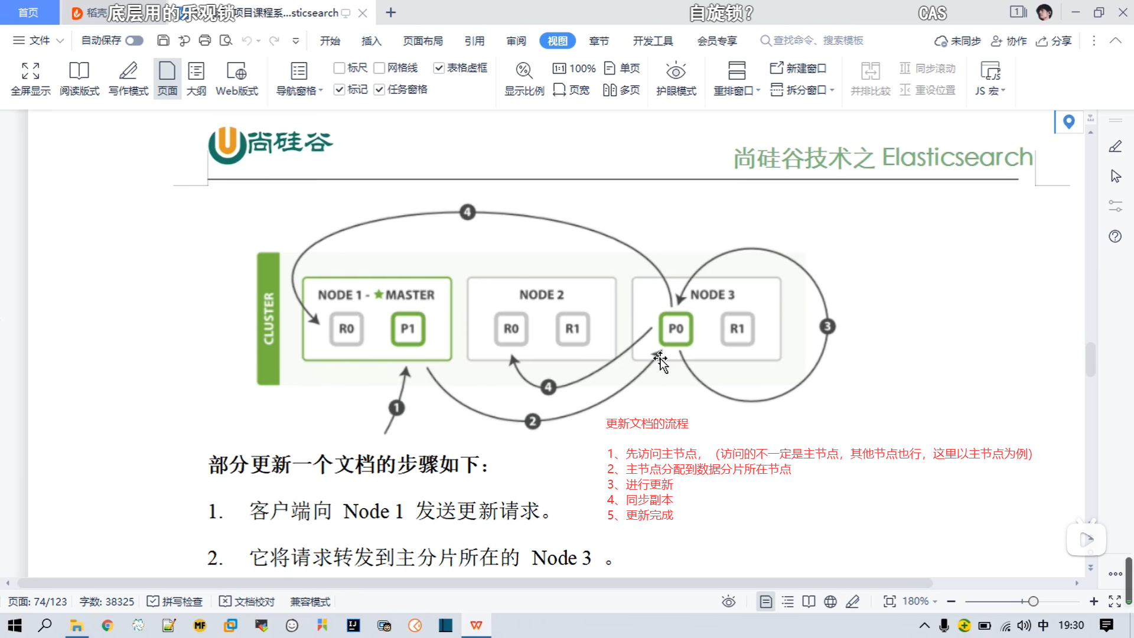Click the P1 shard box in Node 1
(x=408, y=329)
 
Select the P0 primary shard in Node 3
(x=676, y=329)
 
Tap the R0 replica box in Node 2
(x=511, y=329)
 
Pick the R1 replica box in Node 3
(x=737, y=329)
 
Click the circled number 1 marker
(x=397, y=408)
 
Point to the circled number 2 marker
(x=533, y=421)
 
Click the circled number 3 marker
(x=827, y=326)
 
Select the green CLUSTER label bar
(x=268, y=319)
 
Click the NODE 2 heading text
(x=541, y=295)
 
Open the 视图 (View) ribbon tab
(x=557, y=41)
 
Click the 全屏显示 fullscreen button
(x=31, y=78)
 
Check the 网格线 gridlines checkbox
(x=380, y=68)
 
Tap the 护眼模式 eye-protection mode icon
(x=676, y=78)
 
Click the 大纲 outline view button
(x=196, y=78)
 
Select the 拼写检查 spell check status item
(x=175, y=601)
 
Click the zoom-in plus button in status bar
(x=1094, y=601)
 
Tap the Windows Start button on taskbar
(x=15, y=626)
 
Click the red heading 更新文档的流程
(x=647, y=424)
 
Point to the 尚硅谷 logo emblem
(x=227, y=144)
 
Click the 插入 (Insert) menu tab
(x=371, y=41)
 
